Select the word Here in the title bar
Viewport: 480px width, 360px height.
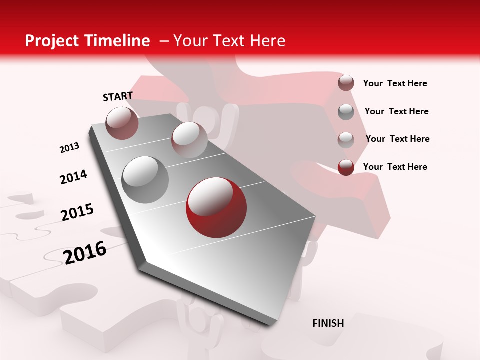coord(267,41)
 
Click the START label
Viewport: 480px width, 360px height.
coord(118,96)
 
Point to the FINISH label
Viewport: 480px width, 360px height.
coord(328,323)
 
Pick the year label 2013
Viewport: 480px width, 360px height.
coord(69,148)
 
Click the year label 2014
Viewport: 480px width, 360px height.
coord(73,177)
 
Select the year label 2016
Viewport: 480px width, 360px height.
coord(85,253)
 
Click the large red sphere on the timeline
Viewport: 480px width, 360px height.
coord(216,207)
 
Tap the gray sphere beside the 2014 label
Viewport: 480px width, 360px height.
coord(145,179)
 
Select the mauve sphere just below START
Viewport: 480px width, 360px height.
coord(122,123)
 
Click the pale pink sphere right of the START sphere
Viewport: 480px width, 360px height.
coord(189,140)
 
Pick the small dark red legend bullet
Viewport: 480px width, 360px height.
coord(346,167)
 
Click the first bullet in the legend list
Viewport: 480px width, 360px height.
coord(346,83)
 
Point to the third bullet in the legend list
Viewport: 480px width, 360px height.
coord(346,140)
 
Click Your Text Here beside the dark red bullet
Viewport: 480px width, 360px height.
coord(395,167)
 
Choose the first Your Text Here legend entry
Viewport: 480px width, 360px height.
coord(395,83)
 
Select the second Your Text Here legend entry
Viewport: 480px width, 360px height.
coord(396,111)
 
